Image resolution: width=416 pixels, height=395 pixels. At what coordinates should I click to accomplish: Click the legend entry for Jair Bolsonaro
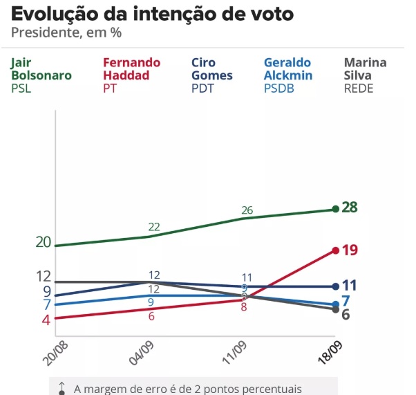pyautogui.click(x=39, y=75)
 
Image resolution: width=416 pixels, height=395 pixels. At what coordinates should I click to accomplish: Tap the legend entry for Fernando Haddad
pyautogui.click(x=131, y=75)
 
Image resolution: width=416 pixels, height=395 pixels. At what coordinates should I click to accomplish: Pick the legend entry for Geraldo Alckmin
pyautogui.click(x=287, y=75)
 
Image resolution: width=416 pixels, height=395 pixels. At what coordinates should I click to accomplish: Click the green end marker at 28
pyautogui.click(x=336, y=208)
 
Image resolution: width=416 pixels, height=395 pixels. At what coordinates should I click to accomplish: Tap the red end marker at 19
pyautogui.click(x=336, y=250)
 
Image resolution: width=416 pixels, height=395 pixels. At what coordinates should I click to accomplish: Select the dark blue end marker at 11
pyautogui.click(x=336, y=286)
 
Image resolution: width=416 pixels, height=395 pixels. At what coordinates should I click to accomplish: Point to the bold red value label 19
pyautogui.click(x=350, y=250)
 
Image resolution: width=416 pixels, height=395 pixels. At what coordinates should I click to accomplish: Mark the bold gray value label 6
pyautogui.click(x=346, y=314)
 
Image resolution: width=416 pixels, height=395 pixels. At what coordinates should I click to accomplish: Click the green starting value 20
pyautogui.click(x=44, y=241)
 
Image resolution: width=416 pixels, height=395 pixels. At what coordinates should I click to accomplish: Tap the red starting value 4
pyautogui.click(x=46, y=320)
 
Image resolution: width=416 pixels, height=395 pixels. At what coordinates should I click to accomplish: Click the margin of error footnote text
pyautogui.click(x=187, y=389)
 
